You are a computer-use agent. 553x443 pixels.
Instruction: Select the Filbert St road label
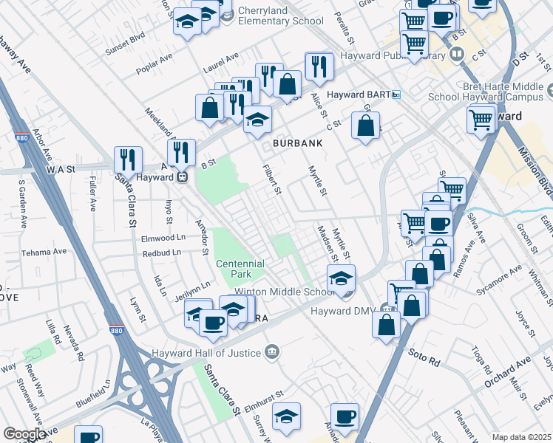[x=273, y=179]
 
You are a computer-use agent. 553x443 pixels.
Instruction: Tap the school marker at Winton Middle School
[x=341, y=278]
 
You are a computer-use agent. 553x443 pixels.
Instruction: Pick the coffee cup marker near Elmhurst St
[x=344, y=416]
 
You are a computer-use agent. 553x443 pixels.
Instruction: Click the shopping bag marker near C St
[x=365, y=126]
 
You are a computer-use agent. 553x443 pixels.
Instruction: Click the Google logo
[x=24, y=434]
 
